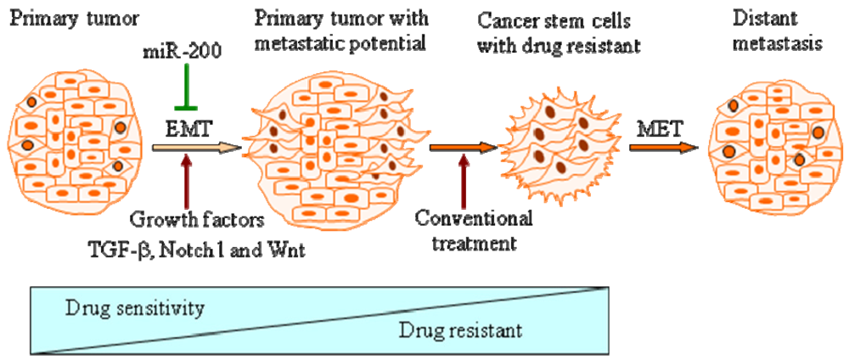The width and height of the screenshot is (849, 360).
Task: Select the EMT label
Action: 187,128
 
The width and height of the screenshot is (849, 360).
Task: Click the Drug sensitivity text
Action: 134,307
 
